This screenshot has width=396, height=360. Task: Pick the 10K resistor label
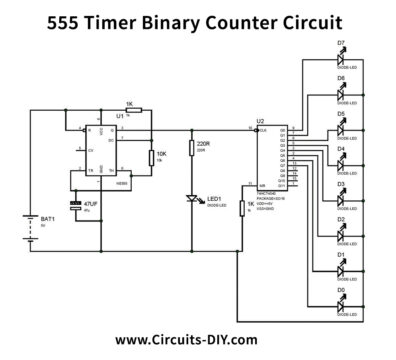pyautogui.click(x=161, y=154)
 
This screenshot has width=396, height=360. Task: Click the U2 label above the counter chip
pyautogui.click(x=260, y=121)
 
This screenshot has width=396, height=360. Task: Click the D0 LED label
pyautogui.click(x=341, y=289)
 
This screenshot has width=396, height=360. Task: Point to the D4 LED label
pyautogui.click(x=341, y=149)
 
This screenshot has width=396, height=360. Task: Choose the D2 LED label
pyautogui.click(x=341, y=219)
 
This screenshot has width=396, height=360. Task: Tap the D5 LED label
pyautogui.click(x=341, y=114)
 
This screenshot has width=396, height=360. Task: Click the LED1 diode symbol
pyautogui.click(x=192, y=199)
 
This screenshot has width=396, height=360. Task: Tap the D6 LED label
pyautogui.click(x=341, y=78)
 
